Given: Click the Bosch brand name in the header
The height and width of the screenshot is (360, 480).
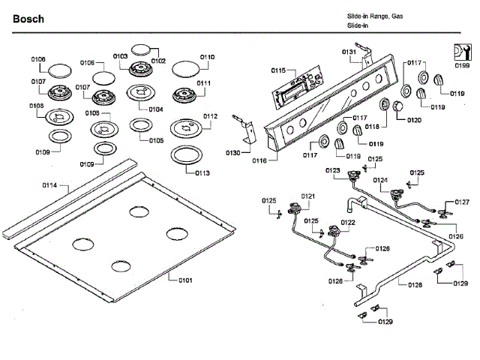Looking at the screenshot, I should coord(28,17).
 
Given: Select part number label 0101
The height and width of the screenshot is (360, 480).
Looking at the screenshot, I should coord(185,280).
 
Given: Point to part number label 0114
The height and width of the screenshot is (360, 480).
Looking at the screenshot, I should coord(50,184).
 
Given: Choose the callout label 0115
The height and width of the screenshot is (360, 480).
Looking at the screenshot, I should coord(278,70).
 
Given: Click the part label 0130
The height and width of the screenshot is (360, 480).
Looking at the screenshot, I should coord(233,152).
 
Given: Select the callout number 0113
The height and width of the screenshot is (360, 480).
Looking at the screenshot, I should coord(202,173).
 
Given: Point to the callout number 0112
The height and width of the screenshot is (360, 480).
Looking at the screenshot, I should coord(209,116).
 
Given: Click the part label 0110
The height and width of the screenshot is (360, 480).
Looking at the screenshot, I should coord(207,57).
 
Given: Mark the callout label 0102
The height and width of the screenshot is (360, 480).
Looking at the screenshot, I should coord(158,61).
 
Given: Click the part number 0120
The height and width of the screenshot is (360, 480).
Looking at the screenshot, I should coord(414,120).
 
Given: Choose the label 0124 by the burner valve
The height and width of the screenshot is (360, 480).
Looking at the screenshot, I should coord(380,180).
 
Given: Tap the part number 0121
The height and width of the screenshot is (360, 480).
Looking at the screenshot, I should coord(307,196).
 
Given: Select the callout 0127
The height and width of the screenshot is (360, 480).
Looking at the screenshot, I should coord(462,202).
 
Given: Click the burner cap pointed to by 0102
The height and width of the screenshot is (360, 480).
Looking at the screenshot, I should coord(141,49).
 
